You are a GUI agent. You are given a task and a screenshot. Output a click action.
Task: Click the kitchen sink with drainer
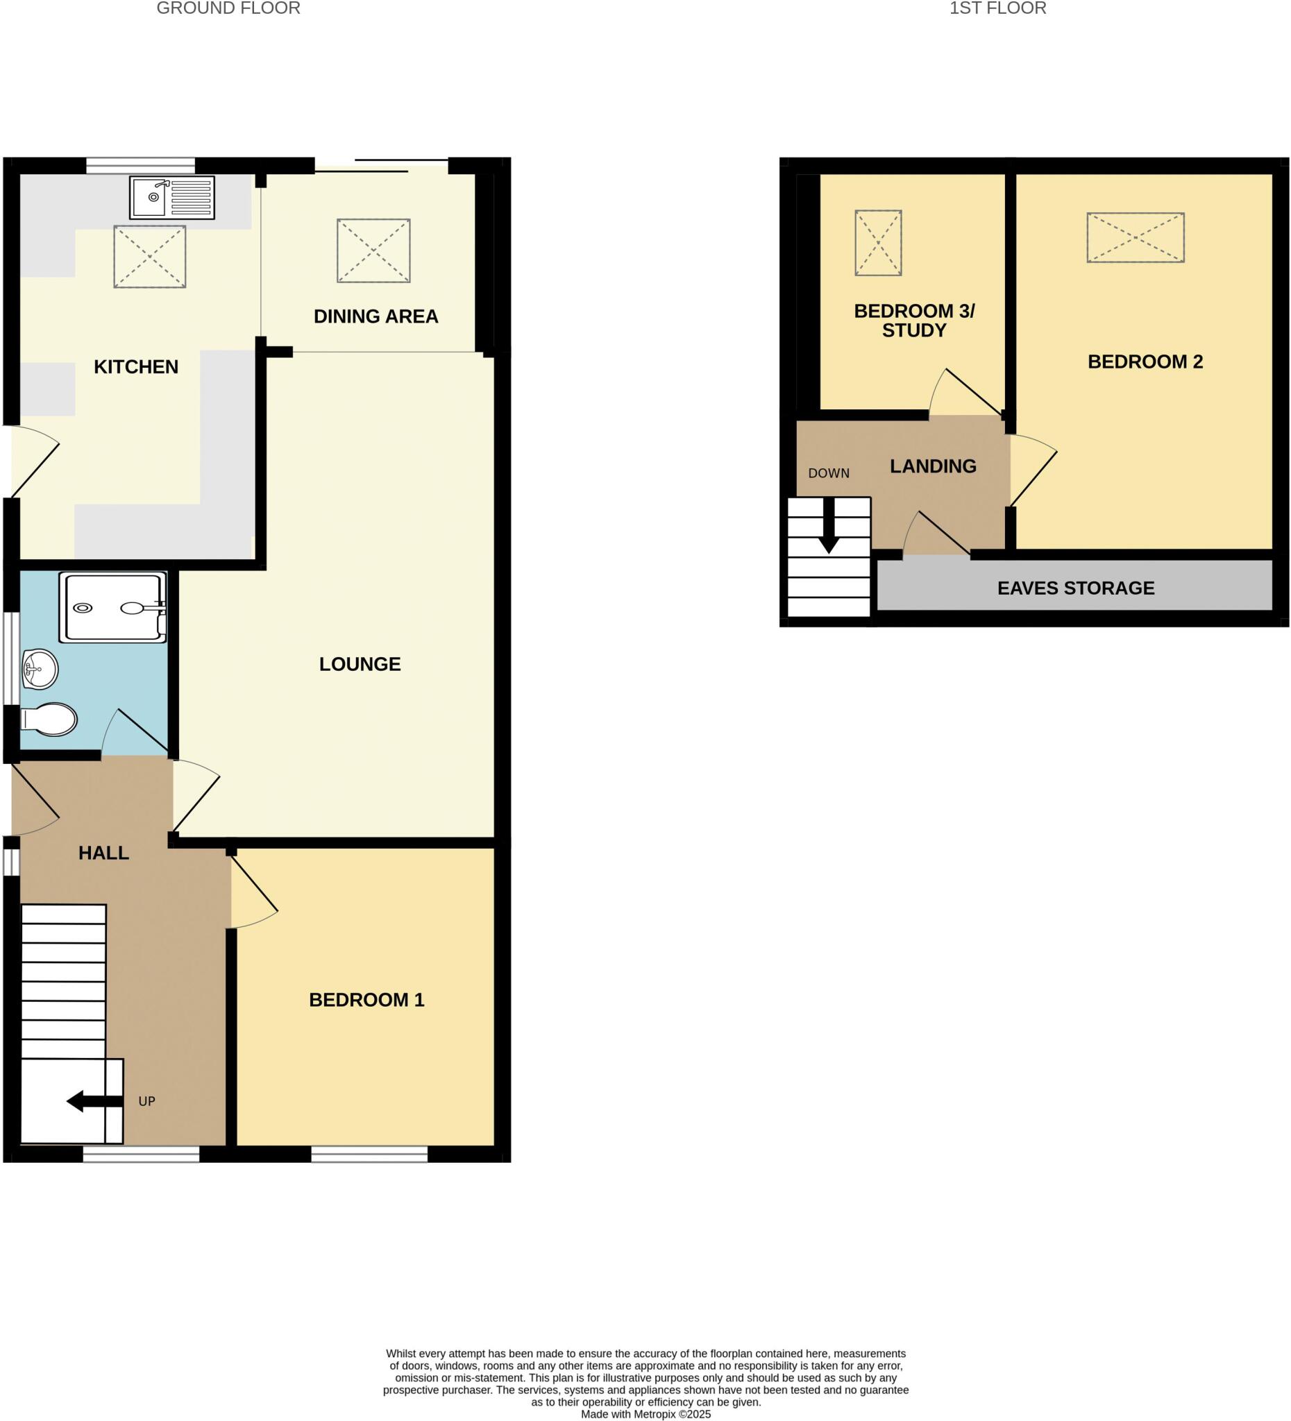pos(171,197)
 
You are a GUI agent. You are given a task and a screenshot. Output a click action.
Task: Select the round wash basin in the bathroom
pos(40,669)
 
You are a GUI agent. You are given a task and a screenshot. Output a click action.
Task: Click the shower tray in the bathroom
pos(113,607)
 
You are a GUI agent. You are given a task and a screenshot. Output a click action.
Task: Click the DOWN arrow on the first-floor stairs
pos(829,526)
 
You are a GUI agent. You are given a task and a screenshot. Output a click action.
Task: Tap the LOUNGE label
pos(360,664)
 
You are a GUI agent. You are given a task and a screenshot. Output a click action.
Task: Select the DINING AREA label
pos(376,316)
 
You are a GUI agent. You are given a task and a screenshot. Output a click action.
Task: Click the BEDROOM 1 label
pos(366,1000)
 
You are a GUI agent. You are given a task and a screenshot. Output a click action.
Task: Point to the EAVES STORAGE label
pos(1075,588)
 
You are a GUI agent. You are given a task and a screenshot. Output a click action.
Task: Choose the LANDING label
pos(933,466)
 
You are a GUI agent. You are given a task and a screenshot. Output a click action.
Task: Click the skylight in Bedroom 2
pos(1134,237)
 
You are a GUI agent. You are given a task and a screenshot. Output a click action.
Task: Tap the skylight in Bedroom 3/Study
pos(878,242)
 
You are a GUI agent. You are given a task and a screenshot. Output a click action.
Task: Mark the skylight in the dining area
pos(373,251)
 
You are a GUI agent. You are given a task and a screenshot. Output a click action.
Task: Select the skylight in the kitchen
pos(149,257)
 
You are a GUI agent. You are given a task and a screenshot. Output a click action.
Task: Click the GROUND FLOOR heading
pos(228,8)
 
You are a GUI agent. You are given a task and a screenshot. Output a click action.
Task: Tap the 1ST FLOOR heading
pos(997,8)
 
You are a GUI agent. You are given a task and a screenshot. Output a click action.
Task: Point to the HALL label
pos(103,853)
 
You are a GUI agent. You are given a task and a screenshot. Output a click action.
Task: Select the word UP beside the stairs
pos(146,1101)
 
